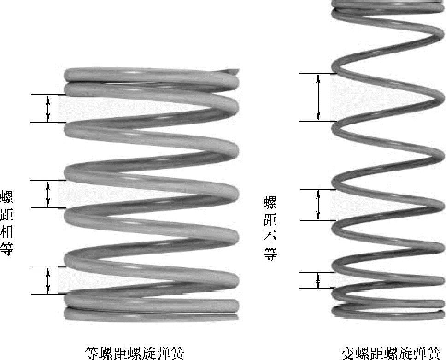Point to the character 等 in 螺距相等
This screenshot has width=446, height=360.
click(7, 249)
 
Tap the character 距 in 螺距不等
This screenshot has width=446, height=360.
click(270, 219)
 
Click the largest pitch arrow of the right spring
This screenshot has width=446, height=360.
click(318, 97)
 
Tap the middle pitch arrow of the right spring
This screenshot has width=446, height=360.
click(318, 205)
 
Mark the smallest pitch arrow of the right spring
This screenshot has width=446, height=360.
click(318, 280)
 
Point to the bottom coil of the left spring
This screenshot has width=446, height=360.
click(151, 315)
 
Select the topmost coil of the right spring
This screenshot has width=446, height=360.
click(387, 5)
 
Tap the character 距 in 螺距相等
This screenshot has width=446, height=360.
click(7, 214)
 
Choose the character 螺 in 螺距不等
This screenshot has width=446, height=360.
click(270, 201)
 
